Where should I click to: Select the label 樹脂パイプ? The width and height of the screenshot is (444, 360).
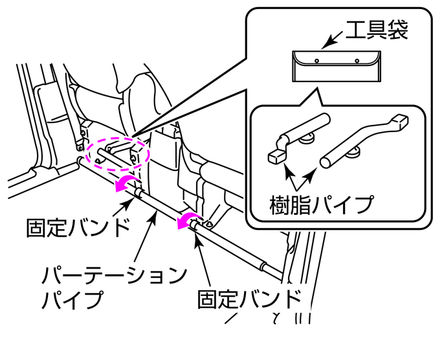click(x=321, y=205)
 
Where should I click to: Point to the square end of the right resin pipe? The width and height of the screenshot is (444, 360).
click(x=401, y=120)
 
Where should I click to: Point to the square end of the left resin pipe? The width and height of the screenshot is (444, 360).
click(x=276, y=156)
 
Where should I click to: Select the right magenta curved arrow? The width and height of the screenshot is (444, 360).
click(x=188, y=220)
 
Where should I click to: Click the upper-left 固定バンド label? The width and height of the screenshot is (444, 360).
click(x=76, y=227)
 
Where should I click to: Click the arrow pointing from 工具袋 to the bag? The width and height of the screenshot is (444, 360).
click(x=332, y=40)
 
